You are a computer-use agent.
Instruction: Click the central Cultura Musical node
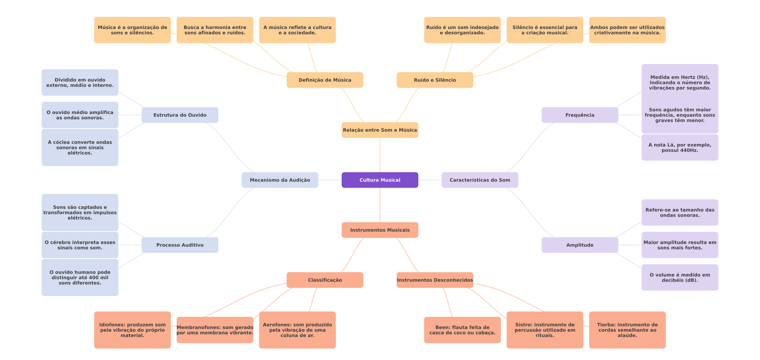pyautogui.click(x=380, y=180)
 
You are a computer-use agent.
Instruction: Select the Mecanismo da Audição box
pyautogui.click(x=280, y=180)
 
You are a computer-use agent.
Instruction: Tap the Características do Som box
pyautogui.click(x=480, y=180)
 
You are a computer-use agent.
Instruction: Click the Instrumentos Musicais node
pyautogui.click(x=380, y=230)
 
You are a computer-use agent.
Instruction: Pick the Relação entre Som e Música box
pyautogui.click(x=380, y=130)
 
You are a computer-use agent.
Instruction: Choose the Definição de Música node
pyautogui.click(x=325, y=80)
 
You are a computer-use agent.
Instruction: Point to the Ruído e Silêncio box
pyautogui.click(x=435, y=80)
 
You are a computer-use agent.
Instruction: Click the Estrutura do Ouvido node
pyautogui.click(x=180, y=115)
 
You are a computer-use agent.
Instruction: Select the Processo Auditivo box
pyautogui.click(x=180, y=245)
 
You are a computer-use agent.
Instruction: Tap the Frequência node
pyautogui.click(x=580, y=115)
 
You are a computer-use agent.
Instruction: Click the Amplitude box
pyautogui.click(x=580, y=245)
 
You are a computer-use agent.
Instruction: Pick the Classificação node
pyautogui.click(x=325, y=280)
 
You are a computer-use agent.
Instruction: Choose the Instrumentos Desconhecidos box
pyautogui.click(x=435, y=280)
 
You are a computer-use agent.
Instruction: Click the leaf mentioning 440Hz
pyautogui.click(x=680, y=147)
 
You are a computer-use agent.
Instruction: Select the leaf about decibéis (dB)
pyautogui.click(x=680, y=277)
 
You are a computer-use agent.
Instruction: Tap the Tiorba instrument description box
pyautogui.click(x=627, y=330)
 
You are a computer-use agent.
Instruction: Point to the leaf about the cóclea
pyautogui.click(x=80, y=147)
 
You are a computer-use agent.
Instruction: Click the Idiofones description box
pyautogui.click(x=132, y=330)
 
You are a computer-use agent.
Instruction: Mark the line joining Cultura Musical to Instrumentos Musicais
pyautogui.click(x=380, y=205)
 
